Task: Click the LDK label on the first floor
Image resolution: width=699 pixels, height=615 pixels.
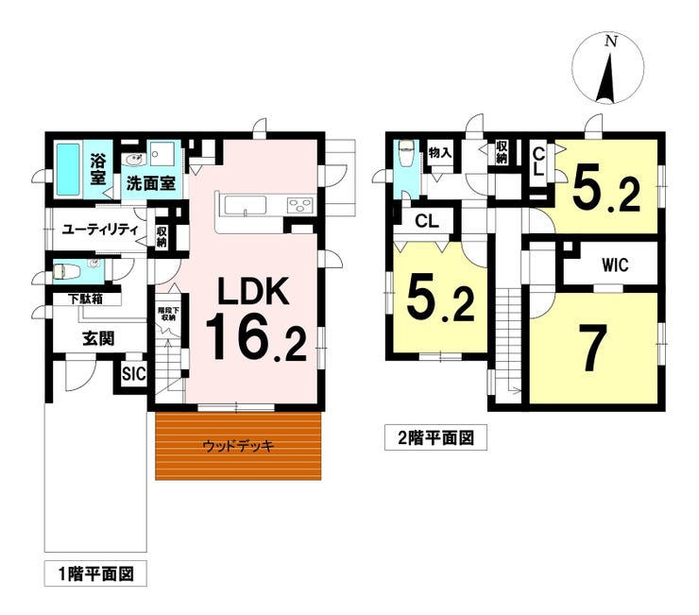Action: [253, 291]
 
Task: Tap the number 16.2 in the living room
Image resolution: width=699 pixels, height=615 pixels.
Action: [256, 336]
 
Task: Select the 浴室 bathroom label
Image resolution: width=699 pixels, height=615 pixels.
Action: [98, 169]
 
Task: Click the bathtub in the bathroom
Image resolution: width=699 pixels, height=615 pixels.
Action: [68, 169]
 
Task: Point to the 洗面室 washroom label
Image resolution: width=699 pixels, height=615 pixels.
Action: [151, 183]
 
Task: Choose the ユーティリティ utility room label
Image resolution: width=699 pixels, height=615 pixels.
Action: [100, 231]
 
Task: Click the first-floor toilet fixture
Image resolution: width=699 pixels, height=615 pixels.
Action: [65, 271]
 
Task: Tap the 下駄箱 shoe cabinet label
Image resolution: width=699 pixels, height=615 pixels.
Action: [85, 299]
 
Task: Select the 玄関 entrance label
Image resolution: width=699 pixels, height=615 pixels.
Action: [98, 338]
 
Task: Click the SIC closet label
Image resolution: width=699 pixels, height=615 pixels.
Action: [134, 374]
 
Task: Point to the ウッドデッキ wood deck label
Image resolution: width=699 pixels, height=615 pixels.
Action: [238, 446]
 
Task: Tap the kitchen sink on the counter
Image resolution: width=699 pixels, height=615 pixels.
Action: [246, 206]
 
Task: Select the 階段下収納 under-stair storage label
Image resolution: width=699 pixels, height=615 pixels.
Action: [168, 314]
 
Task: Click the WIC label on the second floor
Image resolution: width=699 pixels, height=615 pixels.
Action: [615, 265]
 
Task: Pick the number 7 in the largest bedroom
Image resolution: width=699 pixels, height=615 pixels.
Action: [593, 348]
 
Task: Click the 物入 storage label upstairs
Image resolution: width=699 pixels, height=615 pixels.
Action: [439, 152]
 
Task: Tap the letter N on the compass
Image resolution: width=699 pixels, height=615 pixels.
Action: [611, 42]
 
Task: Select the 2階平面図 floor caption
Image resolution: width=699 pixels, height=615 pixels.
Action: [435, 438]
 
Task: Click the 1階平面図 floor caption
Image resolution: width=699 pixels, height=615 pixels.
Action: [95, 574]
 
